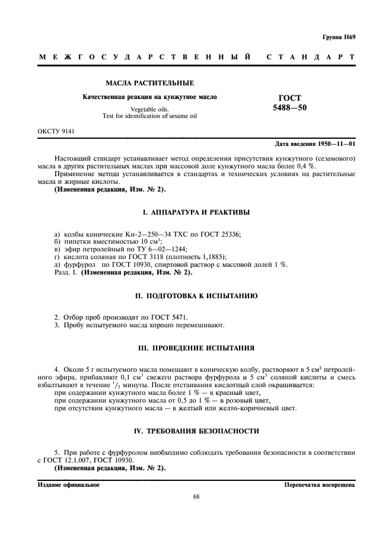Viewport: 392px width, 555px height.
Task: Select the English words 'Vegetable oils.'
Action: coord(149,109)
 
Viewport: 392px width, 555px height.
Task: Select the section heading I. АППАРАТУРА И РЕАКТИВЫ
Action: coord(195,212)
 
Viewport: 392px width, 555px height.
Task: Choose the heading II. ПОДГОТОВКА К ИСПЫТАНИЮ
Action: coord(195,295)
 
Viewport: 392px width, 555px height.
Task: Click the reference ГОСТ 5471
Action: coord(172,317)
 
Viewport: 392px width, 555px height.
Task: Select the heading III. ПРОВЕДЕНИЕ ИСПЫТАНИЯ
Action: coord(195,347)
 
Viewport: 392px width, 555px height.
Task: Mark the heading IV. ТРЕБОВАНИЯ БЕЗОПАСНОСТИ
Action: coord(195,430)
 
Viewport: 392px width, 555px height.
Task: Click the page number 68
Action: coord(196,497)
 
